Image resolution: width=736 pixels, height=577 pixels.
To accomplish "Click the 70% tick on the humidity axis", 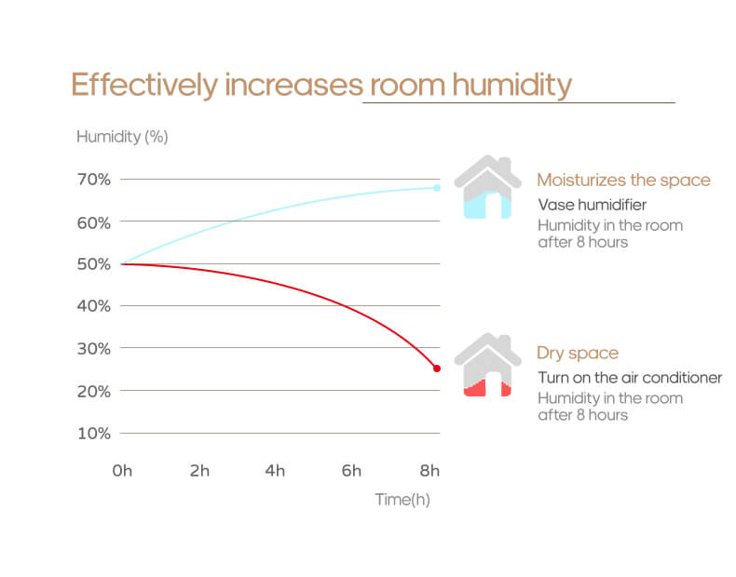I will tap(93, 179).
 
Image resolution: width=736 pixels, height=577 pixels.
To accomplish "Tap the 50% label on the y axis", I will tap(93, 263).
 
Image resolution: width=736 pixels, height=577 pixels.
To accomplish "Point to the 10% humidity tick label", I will tap(93, 433).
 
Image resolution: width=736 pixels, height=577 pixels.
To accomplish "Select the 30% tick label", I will tap(93, 348).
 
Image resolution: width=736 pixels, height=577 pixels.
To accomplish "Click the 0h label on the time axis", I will tap(122, 471).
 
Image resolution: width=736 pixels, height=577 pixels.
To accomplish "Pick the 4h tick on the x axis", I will tap(275, 471).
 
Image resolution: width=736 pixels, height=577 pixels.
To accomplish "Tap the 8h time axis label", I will tap(429, 471).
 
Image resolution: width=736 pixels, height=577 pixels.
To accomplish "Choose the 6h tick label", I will tap(351, 471).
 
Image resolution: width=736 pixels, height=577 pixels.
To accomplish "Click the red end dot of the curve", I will tap(436, 369).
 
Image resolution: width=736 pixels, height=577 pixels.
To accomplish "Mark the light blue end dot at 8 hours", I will tap(436, 188).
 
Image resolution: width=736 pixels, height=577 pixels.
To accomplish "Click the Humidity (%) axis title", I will tap(121, 137).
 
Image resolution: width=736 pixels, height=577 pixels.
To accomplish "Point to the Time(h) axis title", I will tap(402, 500).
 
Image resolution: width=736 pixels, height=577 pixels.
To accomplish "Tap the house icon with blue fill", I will tap(487, 187).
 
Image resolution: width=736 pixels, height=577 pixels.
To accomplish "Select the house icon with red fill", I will tap(487, 365).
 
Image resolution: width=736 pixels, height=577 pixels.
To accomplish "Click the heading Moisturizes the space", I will tap(623, 181).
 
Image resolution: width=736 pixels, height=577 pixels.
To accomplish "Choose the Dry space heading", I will tap(578, 354).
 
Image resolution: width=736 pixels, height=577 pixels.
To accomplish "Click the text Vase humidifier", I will tap(592, 205).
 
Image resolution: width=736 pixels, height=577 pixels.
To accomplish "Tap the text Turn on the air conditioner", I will tap(630, 378).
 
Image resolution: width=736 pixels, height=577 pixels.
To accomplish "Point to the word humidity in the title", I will tap(511, 85).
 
